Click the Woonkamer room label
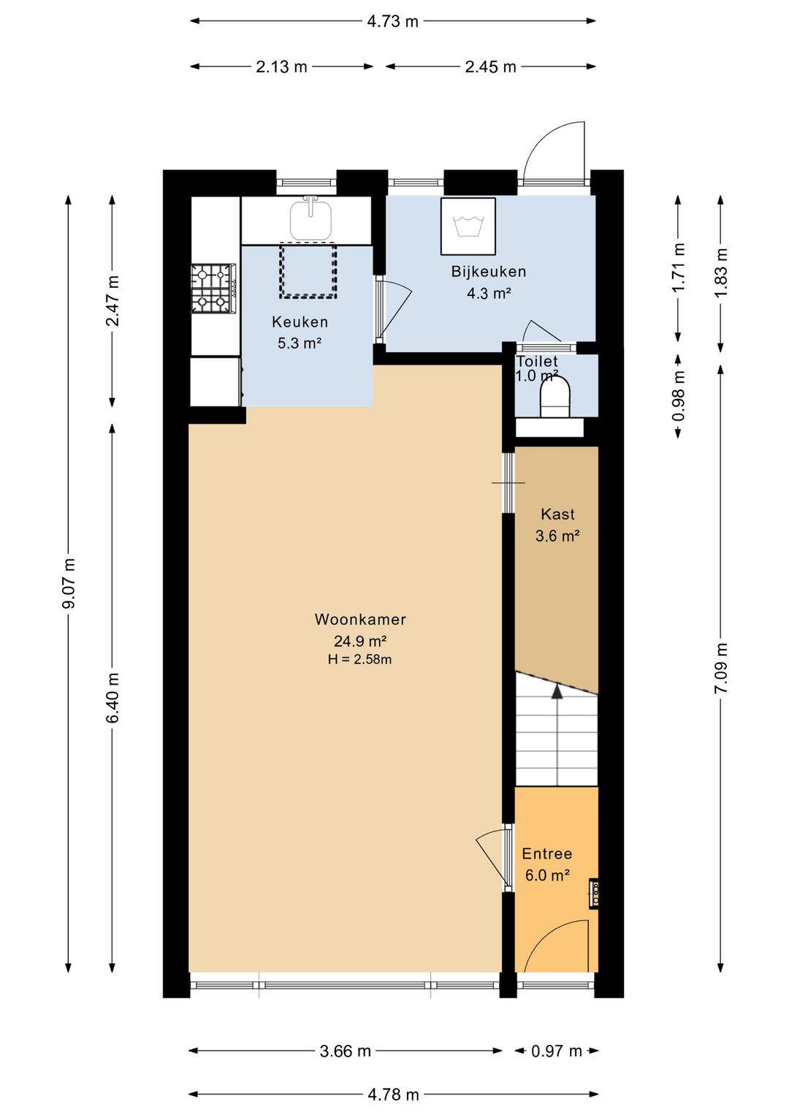click(x=360, y=619)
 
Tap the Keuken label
click(x=300, y=322)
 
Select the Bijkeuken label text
click(x=488, y=272)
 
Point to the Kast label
click(x=557, y=514)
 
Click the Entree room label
click(x=546, y=853)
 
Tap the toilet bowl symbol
click(x=554, y=396)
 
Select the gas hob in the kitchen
click(x=213, y=289)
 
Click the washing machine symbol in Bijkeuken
click(x=468, y=227)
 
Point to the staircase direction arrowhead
click(x=557, y=691)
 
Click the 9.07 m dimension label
click(x=69, y=582)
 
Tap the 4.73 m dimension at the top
click(x=392, y=21)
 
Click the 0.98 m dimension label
click(x=677, y=396)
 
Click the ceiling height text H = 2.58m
click(x=359, y=660)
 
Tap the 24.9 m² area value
click(x=361, y=640)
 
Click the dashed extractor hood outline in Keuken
click(x=308, y=270)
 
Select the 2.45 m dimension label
click(x=490, y=66)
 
